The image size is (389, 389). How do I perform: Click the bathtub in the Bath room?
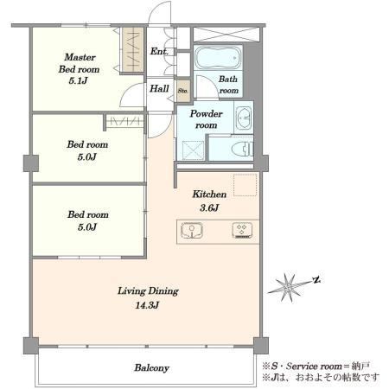point(218,58)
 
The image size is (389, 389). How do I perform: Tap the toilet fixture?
point(243,149)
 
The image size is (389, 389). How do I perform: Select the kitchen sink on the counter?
point(192,231)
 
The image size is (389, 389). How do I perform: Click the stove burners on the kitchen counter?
point(242,231)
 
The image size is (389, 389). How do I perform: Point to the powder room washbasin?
point(244,118)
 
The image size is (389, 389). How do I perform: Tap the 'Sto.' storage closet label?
point(182,91)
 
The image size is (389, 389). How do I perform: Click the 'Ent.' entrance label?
point(159,51)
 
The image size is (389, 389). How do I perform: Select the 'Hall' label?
point(159,88)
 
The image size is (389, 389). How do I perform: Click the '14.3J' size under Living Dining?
point(147,305)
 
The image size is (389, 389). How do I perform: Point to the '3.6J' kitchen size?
point(209,207)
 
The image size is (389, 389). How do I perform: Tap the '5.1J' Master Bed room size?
point(78,80)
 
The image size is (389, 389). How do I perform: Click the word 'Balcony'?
point(151,368)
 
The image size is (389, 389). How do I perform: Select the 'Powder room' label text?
point(207,119)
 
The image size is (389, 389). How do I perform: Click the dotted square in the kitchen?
point(245,185)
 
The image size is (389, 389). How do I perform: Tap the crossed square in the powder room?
point(193,150)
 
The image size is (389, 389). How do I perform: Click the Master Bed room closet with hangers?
point(133,49)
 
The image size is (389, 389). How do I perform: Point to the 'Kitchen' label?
point(209,194)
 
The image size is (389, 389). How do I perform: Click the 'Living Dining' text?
point(148,291)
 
